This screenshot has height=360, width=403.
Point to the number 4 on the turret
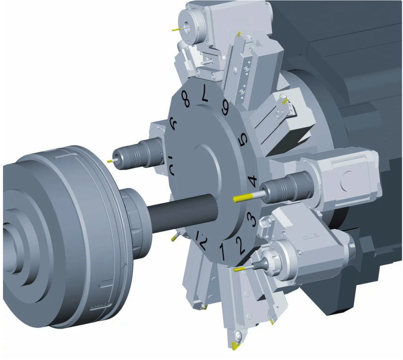pyautogui.click(x=253, y=182)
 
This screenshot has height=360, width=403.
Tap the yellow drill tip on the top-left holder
pyautogui.click(x=175, y=29)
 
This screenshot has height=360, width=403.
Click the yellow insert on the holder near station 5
pyautogui.click(x=284, y=101)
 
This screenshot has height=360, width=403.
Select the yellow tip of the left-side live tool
pyautogui.click(x=109, y=161)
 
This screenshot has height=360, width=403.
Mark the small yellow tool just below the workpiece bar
pyautogui.click(x=173, y=238)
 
